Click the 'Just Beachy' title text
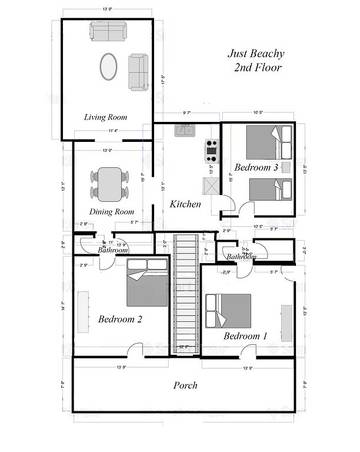pos(252,54)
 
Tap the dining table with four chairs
pos(109,181)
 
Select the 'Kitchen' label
pos(186,204)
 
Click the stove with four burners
pos(212,150)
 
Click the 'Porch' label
pos(185,385)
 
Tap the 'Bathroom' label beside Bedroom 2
pos(111,249)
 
